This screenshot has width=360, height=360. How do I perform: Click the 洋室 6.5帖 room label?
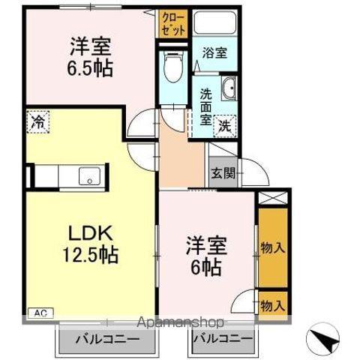[91, 56]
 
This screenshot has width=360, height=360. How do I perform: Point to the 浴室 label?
[215, 53]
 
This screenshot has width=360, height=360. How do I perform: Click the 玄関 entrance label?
[223, 174]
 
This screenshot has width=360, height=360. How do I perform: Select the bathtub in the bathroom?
[215, 22]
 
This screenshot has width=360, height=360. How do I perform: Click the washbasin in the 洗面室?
[229, 88]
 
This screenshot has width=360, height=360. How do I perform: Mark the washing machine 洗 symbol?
[224, 127]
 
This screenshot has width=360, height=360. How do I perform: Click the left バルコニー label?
[106, 340]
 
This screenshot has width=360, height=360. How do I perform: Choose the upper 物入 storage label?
[272, 247]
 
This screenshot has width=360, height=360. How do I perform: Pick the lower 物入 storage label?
[272, 305]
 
